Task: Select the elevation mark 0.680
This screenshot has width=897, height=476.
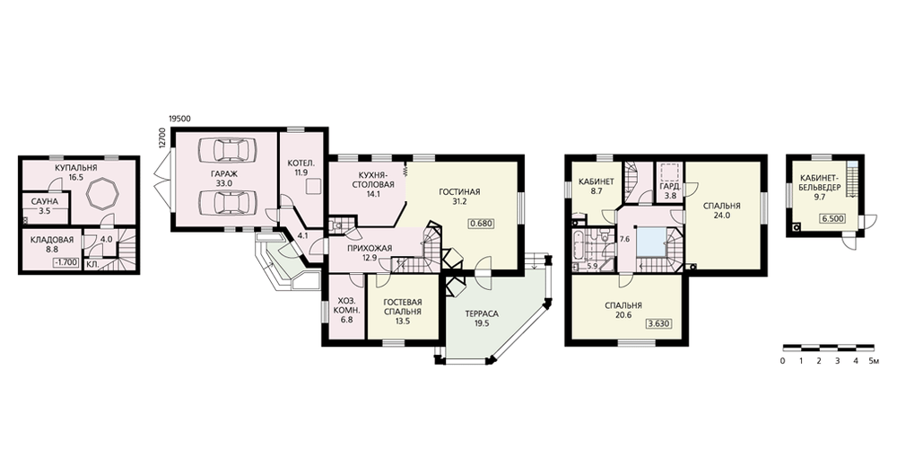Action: pos(481,224)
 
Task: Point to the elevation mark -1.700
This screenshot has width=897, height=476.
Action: pos(65,263)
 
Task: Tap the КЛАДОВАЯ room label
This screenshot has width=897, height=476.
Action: pos(52,240)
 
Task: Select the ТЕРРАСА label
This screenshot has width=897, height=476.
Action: pos(482,314)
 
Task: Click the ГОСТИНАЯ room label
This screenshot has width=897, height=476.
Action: pos(459,192)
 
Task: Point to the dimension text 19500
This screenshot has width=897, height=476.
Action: pos(179,119)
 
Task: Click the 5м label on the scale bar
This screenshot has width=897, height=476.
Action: pos(873,361)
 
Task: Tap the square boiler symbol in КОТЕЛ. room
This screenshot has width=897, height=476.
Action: pos(313,187)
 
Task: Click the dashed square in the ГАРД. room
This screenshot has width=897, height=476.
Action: pos(669,172)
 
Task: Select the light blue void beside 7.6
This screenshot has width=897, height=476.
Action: pos(650,240)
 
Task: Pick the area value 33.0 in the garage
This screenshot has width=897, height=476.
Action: pos(223,183)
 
